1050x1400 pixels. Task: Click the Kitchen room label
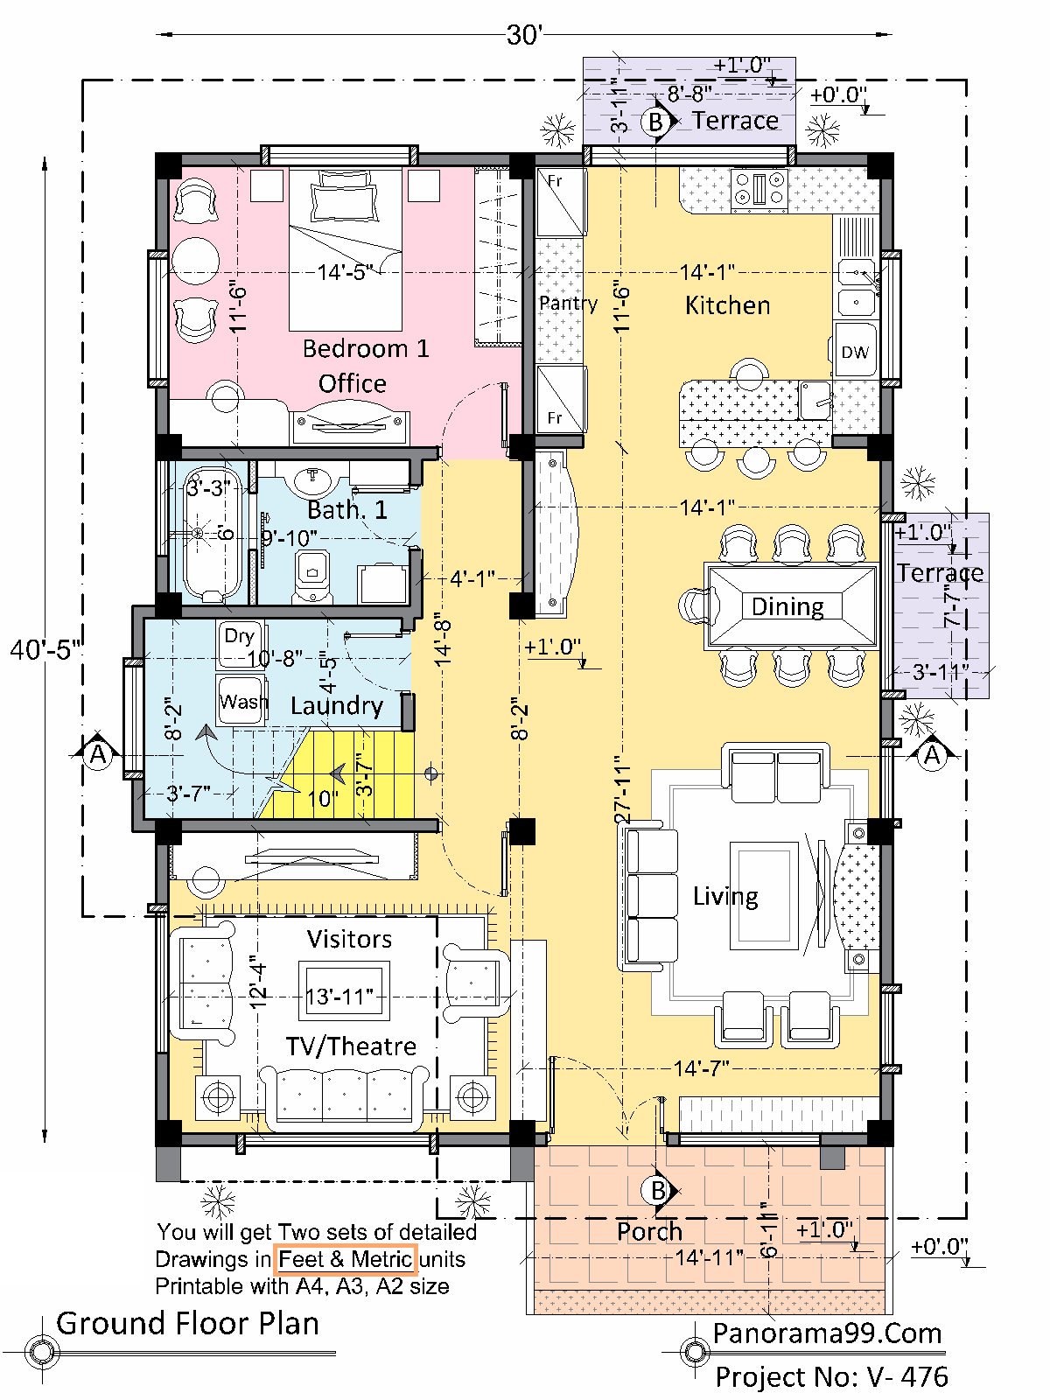click(x=727, y=305)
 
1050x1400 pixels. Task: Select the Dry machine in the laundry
click(x=240, y=644)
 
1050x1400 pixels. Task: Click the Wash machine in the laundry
click(x=241, y=701)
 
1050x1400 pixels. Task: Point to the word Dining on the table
click(x=787, y=606)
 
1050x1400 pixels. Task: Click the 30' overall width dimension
click(x=523, y=34)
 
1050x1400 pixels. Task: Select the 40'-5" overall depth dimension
click(x=45, y=650)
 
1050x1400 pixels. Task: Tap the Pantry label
click(x=568, y=304)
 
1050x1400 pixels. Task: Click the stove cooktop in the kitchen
click(x=759, y=188)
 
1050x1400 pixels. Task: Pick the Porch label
click(x=649, y=1232)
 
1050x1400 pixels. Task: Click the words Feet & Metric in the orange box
click(x=345, y=1259)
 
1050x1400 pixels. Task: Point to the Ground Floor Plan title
click(x=187, y=1324)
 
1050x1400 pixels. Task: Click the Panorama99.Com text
click(x=827, y=1333)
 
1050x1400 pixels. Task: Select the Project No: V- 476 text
click(x=831, y=1376)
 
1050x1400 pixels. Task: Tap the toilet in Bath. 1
click(x=312, y=576)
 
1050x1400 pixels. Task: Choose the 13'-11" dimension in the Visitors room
click(x=339, y=997)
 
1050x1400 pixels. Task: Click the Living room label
click(x=725, y=897)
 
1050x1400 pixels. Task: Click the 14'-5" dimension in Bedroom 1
click(x=345, y=272)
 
